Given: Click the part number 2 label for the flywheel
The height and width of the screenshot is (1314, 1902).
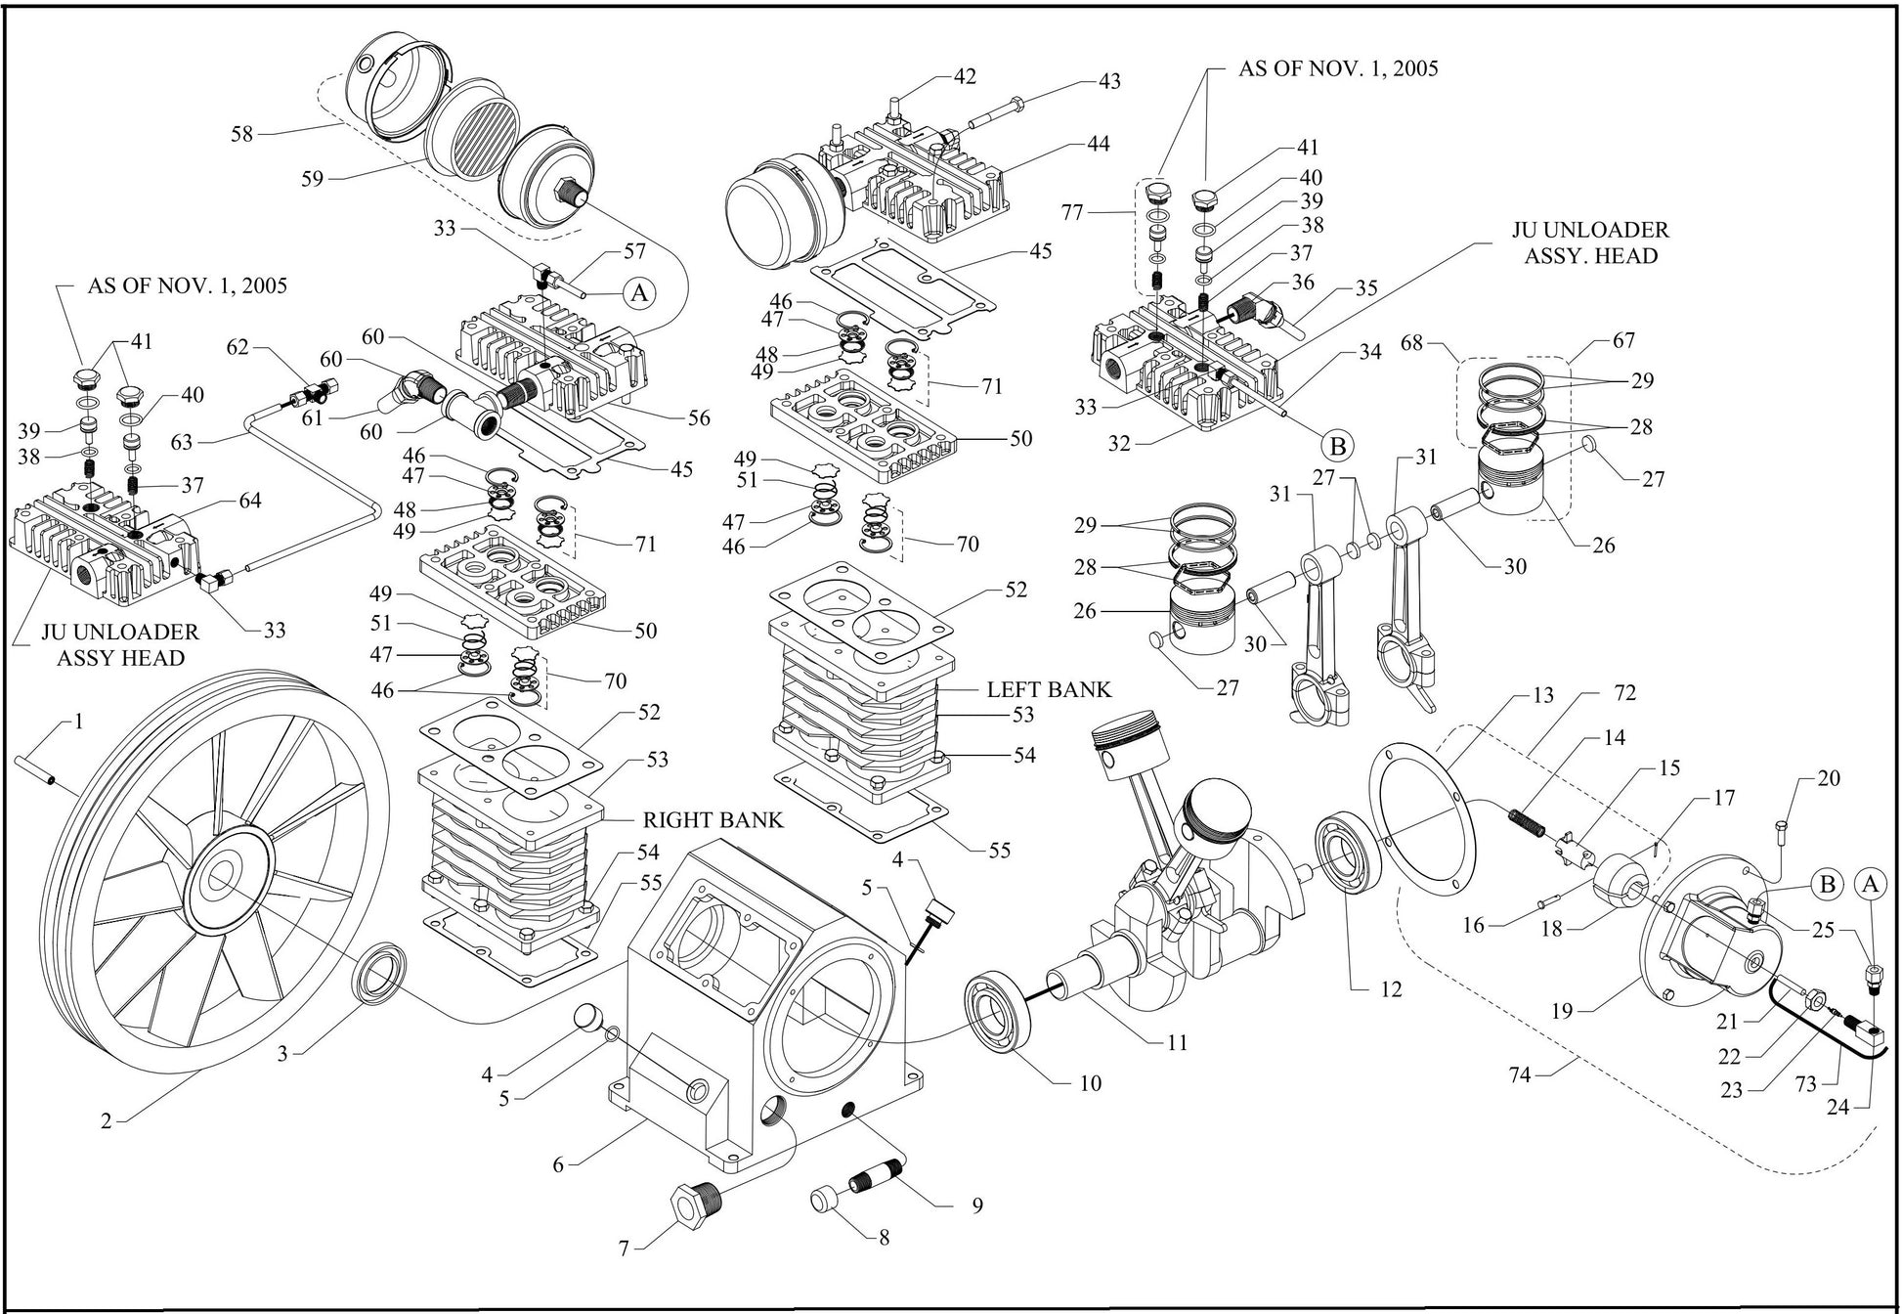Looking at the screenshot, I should (x=106, y=1121).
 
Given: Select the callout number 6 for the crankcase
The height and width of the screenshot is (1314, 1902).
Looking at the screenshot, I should (x=558, y=1164).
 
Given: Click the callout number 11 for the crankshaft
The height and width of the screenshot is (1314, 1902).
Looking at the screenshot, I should (x=1178, y=1042).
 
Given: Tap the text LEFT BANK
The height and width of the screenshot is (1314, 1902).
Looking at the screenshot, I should (x=1049, y=689).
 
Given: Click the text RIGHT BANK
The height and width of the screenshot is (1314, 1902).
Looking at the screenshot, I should (x=713, y=819).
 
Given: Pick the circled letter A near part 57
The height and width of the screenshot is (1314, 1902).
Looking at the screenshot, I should (x=637, y=292).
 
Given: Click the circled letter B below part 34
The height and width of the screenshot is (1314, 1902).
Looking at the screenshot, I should (x=1338, y=446).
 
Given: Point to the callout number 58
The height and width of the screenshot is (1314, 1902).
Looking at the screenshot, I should (x=241, y=134).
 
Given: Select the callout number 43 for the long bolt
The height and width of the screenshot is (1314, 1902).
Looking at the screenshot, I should (x=1109, y=81).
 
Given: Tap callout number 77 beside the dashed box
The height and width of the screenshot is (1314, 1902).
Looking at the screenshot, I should (x=1073, y=211).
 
